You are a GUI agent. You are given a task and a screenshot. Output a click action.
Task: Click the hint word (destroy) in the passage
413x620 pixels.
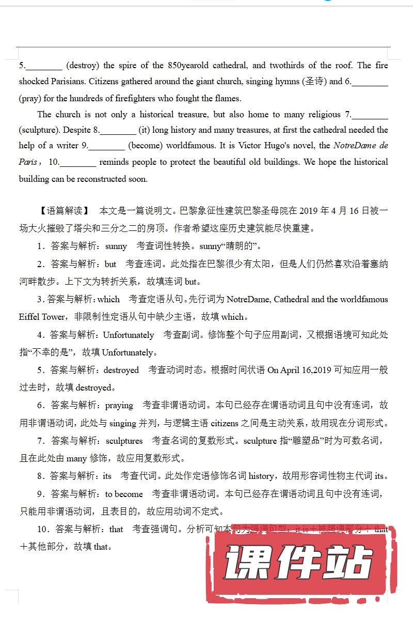point(83,65)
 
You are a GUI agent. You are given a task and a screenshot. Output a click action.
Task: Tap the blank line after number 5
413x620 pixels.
point(44,66)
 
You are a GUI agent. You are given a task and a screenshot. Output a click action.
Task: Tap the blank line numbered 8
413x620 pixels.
point(119,131)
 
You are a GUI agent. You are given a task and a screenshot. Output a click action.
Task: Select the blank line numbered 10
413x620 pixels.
point(78,163)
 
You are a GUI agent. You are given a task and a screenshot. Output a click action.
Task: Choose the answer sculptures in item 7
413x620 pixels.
point(124,441)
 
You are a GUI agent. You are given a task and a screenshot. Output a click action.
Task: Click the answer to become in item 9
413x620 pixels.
point(124,494)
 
